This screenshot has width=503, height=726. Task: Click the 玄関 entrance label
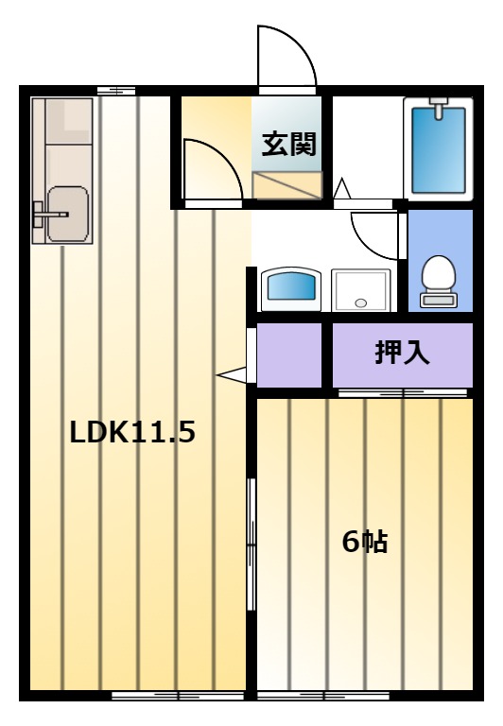[x=289, y=144]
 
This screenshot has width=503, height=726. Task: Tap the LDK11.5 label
[x=132, y=432]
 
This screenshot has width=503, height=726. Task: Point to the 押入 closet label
[x=402, y=353]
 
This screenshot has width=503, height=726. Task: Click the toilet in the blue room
[x=439, y=281]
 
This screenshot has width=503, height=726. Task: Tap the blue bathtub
[x=438, y=150]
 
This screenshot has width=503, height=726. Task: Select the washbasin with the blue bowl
[x=291, y=289]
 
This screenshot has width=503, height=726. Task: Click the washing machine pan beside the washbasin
[x=361, y=290]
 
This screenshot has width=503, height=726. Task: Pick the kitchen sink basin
[x=68, y=214]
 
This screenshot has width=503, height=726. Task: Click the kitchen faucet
[x=50, y=215]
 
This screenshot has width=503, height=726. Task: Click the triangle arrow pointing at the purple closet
[x=232, y=374]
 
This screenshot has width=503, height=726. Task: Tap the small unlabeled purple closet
[x=289, y=354]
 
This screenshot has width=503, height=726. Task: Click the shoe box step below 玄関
[x=287, y=185]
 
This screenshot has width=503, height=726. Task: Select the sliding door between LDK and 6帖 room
[x=251, y=544]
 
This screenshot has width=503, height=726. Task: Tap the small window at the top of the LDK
[x=116, y=91]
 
